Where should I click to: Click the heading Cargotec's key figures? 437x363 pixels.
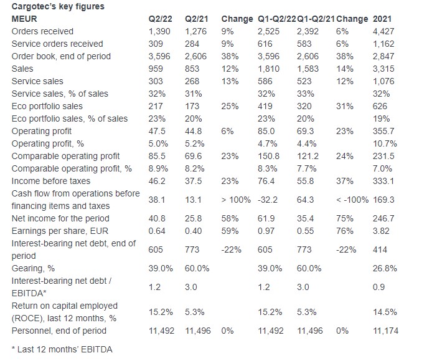[58, 7]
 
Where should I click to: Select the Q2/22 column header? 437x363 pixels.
[160, 19]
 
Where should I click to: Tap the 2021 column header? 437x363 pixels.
[382, 19]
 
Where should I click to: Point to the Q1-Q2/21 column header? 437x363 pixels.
[316, 19]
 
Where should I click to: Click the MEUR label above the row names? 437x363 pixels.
[24, 19]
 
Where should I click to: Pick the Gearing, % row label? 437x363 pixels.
[33, 269]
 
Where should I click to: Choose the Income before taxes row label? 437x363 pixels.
[51, 181]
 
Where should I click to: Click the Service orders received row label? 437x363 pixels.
[57, 44]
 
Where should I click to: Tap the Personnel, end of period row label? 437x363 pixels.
[59, 331]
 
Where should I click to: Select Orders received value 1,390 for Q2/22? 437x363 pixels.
[159, 32]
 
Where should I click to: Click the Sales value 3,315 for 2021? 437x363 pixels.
[383, 69]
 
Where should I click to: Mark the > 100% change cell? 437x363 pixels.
[236, 200]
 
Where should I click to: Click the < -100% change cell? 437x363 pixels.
[352, 200]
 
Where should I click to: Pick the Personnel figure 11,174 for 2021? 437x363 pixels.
[386, 331]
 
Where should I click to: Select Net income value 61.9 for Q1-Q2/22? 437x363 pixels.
[266, 219]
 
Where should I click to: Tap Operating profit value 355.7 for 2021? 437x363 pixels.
[383, 131]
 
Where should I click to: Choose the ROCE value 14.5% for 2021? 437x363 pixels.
[385, 312]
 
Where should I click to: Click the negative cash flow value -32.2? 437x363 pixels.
[268, 200]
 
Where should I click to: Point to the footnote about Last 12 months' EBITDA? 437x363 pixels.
[62, 350]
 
